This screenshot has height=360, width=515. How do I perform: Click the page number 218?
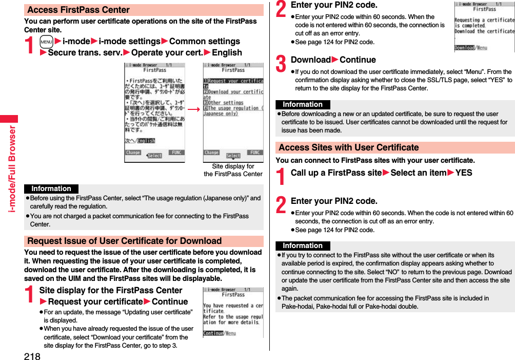[31, 355]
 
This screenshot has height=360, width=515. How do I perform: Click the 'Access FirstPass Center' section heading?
[78, 10]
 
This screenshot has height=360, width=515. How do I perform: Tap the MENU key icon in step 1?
[46, 42]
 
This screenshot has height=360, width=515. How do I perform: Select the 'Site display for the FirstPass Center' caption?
[233, 170]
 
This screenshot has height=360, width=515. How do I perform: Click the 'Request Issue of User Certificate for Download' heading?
[124, 241]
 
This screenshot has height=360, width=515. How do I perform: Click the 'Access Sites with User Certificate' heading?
[349, 147]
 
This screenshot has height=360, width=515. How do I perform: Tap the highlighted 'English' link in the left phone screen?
[146, 141]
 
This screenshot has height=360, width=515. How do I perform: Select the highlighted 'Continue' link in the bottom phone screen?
[213, 333]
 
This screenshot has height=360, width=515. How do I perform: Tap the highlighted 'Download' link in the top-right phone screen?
[464, 48]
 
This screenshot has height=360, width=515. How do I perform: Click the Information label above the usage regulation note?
[51, 189]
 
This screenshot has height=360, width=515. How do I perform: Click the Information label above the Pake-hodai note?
[303, 246]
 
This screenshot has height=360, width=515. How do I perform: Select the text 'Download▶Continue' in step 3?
[333, 60]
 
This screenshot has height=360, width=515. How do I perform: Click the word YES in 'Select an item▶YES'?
[464, 173]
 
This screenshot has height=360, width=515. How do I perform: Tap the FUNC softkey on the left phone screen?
[176, 153]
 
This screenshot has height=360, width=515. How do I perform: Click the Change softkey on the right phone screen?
[212, 153]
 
